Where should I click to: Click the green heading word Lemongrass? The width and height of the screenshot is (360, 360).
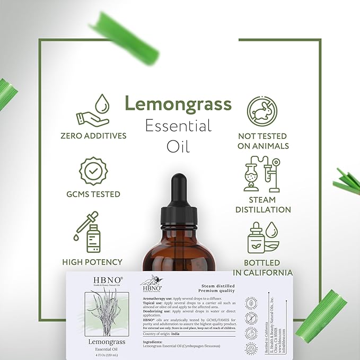pos(178,103)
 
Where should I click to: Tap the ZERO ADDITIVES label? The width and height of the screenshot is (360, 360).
pos(94,136)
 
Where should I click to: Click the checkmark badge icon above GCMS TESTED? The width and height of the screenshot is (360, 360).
pos(93,172)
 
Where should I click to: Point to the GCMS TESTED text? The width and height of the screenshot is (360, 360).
pos(93,194)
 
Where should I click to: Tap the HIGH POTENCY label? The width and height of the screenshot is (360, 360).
pos(92,262)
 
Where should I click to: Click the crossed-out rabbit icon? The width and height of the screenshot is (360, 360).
pos(263,110)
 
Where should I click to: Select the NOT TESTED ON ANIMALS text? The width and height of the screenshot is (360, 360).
pos(264,141)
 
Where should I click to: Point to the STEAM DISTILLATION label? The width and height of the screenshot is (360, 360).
pos(263,205)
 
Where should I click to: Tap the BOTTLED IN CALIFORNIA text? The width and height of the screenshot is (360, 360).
pos(263,267)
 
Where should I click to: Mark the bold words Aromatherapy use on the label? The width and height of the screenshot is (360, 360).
pos(160,299)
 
